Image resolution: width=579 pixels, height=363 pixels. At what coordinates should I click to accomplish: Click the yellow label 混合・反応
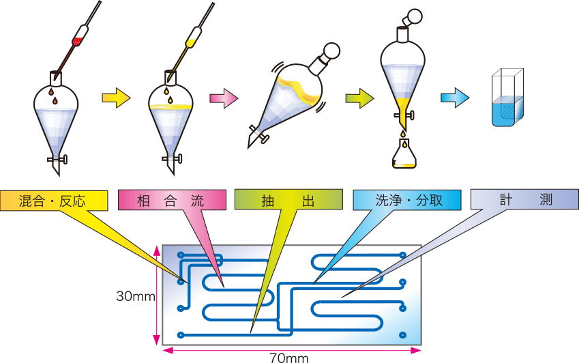click(54, 201)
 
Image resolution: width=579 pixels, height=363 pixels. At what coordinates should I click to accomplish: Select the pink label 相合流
click(172, 201)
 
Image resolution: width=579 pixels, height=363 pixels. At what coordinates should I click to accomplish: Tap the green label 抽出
click(288, 200)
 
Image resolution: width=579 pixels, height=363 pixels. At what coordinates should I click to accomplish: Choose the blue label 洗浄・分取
click(407, 200)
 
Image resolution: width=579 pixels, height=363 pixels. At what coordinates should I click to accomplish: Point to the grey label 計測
click(524, 199)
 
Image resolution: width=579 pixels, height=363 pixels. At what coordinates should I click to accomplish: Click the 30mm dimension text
click(136, 296)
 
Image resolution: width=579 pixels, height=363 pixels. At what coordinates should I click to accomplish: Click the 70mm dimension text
click(288, 358)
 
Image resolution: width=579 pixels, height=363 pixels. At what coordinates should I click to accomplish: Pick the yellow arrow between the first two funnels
click(117, 98)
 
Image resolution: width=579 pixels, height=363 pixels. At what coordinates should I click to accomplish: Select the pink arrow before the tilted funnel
click(224, 98)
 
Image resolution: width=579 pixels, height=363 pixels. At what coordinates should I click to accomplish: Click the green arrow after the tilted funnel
click(359, 98)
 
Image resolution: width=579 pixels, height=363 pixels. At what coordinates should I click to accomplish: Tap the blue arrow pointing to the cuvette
click(455, 98)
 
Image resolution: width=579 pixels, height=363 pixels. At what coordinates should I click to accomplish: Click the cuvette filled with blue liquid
click(507, 98)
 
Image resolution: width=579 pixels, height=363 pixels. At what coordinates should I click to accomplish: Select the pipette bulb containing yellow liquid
click(193, 38)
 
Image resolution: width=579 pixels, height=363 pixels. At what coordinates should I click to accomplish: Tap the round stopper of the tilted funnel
click(331, 50)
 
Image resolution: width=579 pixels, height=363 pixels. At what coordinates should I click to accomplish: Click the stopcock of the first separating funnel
click(57, 160)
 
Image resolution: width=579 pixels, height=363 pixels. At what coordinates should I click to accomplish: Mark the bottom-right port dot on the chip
click(402, 335)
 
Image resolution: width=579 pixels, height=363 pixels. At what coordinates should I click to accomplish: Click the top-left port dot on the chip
click(181, 255)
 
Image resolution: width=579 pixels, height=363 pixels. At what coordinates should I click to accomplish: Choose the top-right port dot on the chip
click(403, 255)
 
